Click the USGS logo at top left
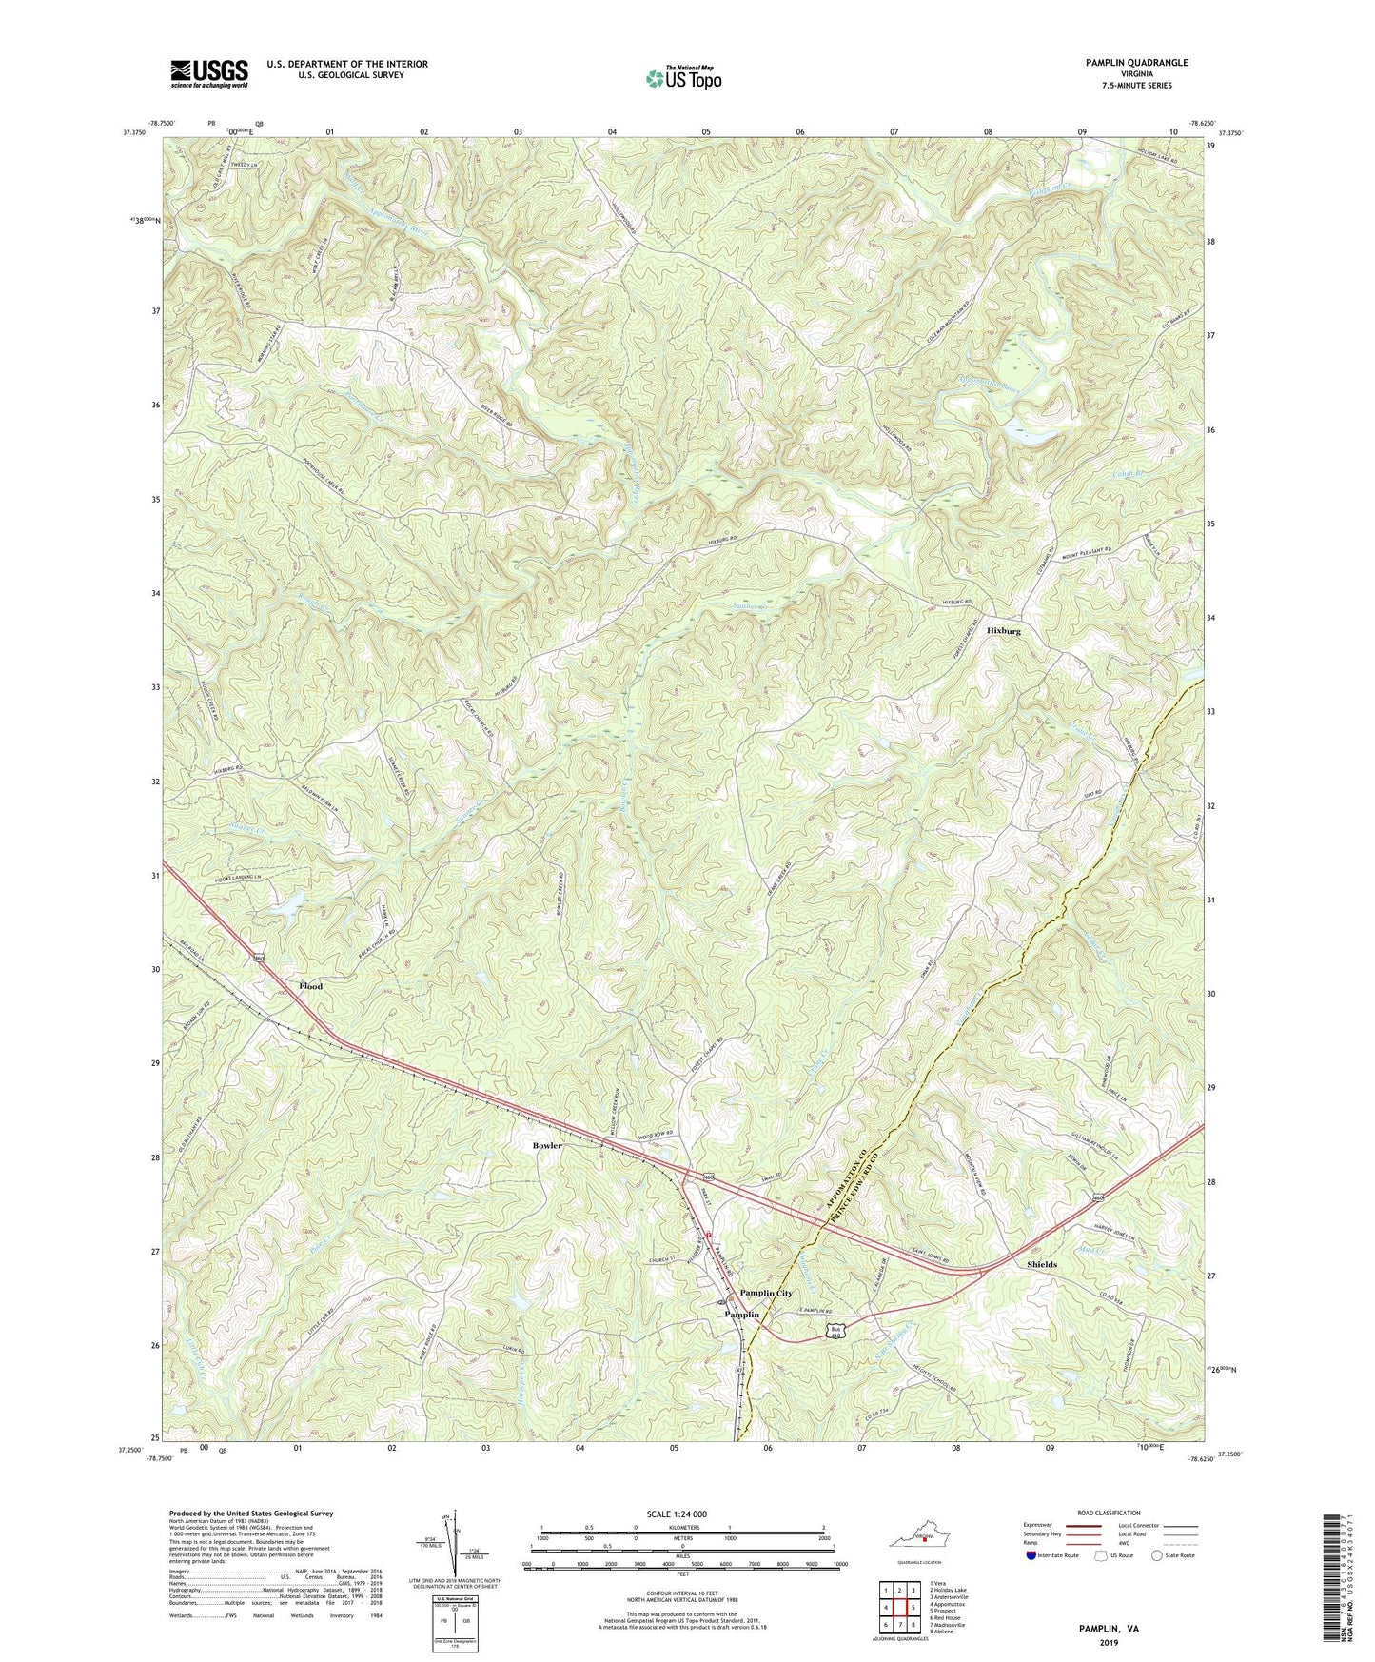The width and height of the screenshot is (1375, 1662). tap(209, 73)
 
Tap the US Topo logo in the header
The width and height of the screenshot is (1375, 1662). tap(681, 78)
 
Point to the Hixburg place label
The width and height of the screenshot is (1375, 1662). tap(1010, 631)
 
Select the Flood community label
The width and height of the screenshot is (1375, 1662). tap(310, 986)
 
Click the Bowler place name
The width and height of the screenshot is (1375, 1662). tap(547, 1145)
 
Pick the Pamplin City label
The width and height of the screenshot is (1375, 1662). tap(766, 1293)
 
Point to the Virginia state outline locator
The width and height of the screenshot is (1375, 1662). tap(919, 1538)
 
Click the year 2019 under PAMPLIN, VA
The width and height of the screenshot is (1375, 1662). tap(1109, 1642)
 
